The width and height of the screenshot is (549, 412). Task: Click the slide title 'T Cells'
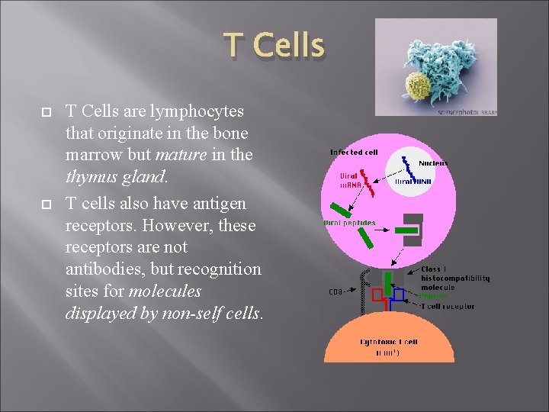274,47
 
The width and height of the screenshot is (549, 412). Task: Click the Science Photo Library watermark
467,112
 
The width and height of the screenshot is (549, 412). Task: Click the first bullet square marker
45,112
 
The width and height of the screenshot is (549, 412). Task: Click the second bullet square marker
45,203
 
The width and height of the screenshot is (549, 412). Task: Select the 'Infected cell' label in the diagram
354,153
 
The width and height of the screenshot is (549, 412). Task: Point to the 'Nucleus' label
433,163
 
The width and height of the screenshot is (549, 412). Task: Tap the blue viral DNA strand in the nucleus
409,169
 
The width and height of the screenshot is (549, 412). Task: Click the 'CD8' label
336,291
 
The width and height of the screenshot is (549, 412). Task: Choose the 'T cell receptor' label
448,307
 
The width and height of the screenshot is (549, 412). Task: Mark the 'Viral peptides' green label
352,224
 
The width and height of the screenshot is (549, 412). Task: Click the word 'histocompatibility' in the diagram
455,278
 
